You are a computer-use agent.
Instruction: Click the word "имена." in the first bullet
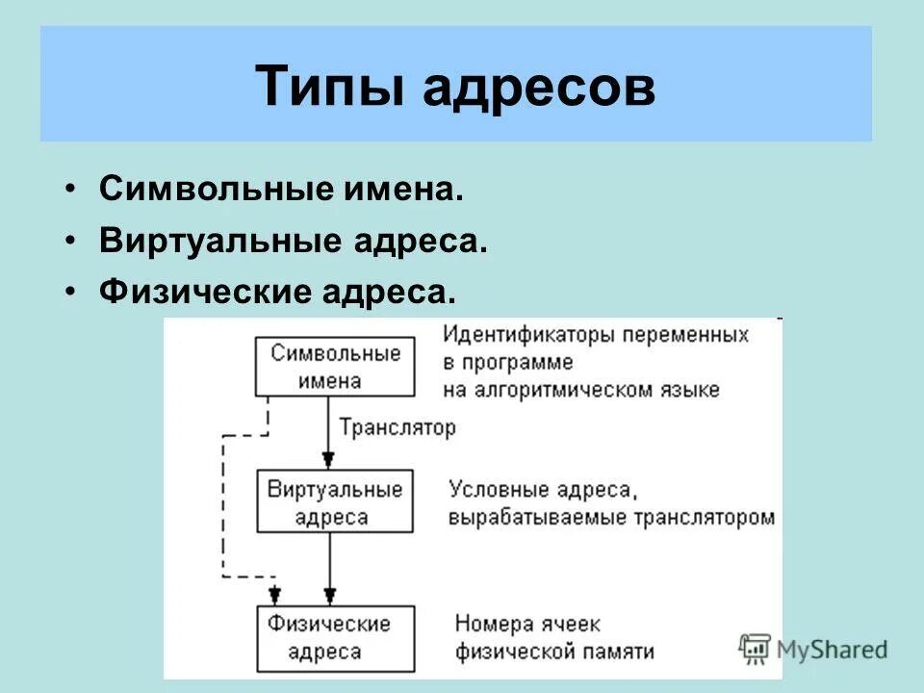[x=411, y=189]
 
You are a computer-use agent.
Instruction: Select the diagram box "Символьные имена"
[x=335, y=366]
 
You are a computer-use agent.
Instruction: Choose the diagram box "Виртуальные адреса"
[x=335, y=501]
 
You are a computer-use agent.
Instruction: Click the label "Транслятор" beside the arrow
[x=397, y=427]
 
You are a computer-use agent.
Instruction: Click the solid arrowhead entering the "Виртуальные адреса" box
[x=329, y=459]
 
